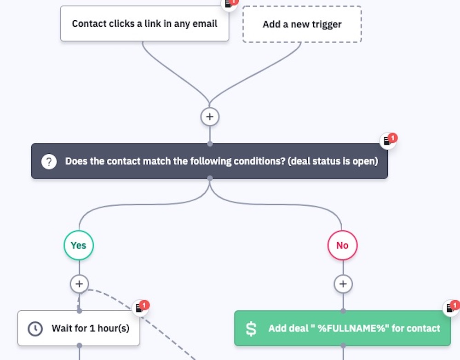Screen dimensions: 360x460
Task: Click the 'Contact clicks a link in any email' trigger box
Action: (x=144, y=23)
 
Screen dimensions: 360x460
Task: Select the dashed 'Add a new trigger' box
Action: (x=302, y=24)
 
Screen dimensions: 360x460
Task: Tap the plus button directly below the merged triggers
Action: (x=210, y=117)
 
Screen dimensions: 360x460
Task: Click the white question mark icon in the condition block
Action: (x=49, y=162)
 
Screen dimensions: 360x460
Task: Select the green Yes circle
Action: (x=79, y=245)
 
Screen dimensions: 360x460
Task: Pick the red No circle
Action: (x=342, y=245)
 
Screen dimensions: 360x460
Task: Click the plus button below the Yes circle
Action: (x=79, y=284)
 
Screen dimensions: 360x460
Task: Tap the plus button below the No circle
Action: (x=343, y=284)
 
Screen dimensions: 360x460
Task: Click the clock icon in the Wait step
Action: (x=35, y=329)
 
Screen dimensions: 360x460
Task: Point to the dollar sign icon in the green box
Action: (x=251, y=329)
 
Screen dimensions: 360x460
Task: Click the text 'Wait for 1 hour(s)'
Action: (x=90, y=329)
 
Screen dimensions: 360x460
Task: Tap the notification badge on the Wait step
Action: (x=141, y=308)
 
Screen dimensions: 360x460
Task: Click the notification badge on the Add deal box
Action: (x=452, y=308)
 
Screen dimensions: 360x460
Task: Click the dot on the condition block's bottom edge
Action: (x=210, y=178)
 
